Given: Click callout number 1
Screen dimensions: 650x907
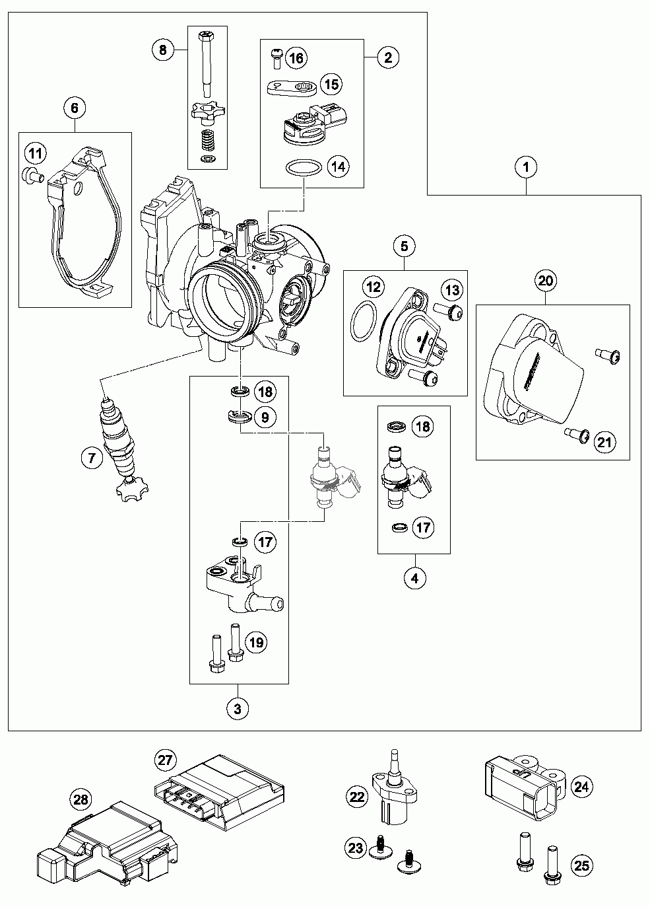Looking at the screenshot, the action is point(526,167).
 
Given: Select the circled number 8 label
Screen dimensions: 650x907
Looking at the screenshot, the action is point(162,50).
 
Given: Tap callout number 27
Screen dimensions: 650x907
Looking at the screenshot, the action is point(165,760).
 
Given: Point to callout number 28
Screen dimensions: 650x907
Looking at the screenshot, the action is point(81,800).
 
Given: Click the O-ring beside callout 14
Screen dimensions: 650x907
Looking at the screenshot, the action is point(304,168).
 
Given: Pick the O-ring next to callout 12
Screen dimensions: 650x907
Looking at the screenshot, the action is point(363,321).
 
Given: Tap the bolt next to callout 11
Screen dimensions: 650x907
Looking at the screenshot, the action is point(32,175).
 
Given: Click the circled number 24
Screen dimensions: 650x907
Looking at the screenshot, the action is point(581,786).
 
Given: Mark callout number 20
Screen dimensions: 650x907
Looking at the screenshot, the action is point(545,280).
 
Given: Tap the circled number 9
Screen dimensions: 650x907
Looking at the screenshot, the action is point(265,417).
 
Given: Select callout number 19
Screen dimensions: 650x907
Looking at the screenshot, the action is point(257,642).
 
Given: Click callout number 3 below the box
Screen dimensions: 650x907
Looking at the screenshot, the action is point(238,709).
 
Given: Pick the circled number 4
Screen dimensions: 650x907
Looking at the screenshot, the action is point(415,578).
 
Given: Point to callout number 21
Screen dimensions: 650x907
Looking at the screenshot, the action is point(604,442).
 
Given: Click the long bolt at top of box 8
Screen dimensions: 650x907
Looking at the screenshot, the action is point(207,64).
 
